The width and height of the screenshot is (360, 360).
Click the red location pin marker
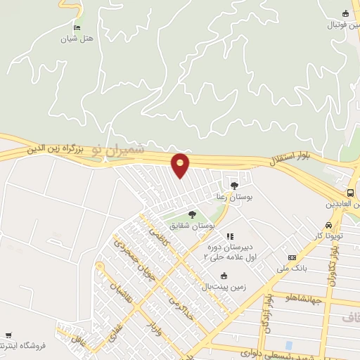(x=181, y=165)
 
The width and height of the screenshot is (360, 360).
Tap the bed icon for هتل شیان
(x=77, y=27)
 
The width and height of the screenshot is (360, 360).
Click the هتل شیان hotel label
(x=77, y=38)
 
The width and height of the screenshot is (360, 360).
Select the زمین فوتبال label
(x=342, y=25)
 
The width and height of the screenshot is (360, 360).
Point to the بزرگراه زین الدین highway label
(x=56, y=149)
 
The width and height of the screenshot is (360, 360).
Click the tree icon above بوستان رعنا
(x=234, y=186)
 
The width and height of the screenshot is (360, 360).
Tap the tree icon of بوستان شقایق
(x=192, y=214)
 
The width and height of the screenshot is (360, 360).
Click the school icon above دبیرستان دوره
(x=229, y=236)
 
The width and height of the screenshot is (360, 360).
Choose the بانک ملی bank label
(x=292, y=268)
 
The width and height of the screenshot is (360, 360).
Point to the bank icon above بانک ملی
(x=292, y=257)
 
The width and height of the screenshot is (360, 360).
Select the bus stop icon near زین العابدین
(x=351, y=193)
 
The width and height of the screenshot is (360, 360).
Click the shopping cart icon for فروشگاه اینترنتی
(x=8, y=335)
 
